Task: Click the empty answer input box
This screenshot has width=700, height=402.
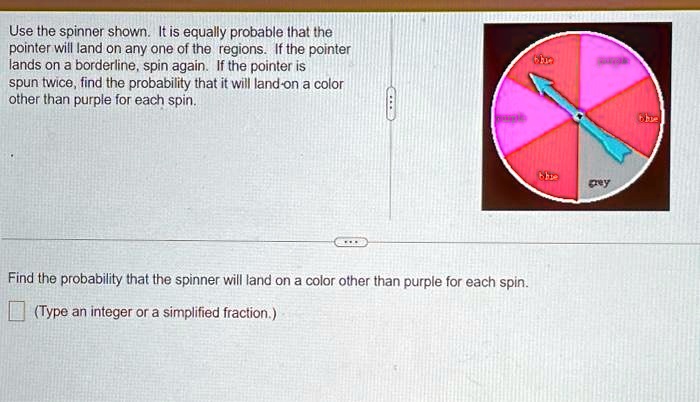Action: (16, 313)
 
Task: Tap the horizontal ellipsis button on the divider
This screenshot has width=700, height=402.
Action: (351, 242)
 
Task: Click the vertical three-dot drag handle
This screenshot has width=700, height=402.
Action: (392, 102)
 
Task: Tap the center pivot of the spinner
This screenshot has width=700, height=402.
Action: (578, 117)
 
